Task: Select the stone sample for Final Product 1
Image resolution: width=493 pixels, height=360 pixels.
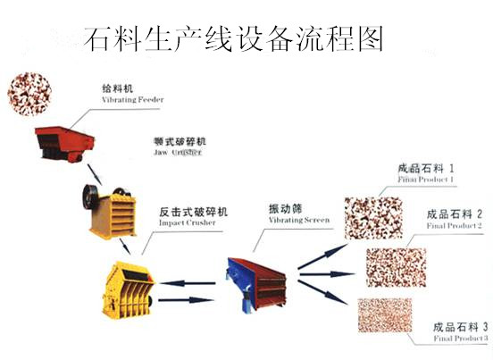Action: (374, 212)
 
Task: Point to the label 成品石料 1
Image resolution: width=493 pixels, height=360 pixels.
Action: (427, 167)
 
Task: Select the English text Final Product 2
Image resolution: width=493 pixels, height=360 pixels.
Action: (454, 226)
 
